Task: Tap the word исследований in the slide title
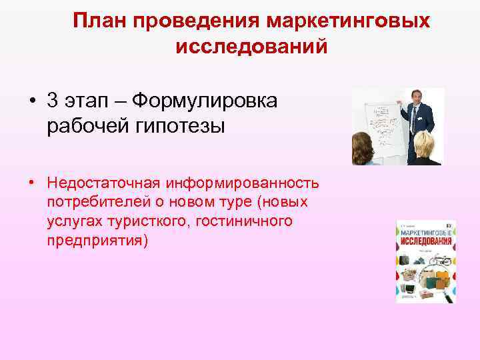click(251, 47)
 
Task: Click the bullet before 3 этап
click(32, 101)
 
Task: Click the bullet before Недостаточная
click(32, 182)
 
